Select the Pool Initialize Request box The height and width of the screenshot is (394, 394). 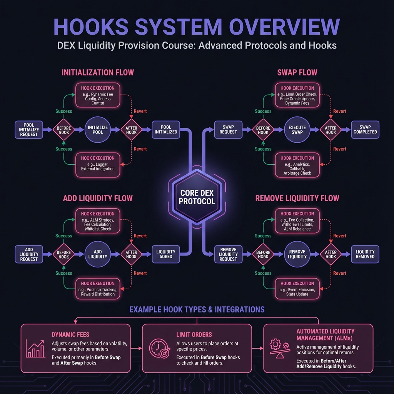coord(29,130)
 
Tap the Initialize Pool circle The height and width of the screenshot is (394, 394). coord(97,130)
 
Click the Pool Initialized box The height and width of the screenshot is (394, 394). coord(166,130)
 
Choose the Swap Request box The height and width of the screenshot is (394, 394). coord(228,130)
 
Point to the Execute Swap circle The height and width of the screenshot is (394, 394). coord(297,130)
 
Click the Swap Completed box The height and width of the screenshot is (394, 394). coord(365,130)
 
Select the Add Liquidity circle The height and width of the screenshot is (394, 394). coord(97,254)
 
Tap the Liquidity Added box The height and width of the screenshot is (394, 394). coord(166,254)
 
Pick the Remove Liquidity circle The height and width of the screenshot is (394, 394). coord(297,254)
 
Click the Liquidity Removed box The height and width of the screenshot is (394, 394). coord(365,254)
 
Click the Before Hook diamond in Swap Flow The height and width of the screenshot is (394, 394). coord(263,130)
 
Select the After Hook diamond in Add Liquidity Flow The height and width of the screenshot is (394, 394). coord(131,254)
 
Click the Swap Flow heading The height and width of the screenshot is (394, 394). coord(297,72)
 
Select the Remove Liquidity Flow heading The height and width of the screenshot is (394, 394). coord(297,199)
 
